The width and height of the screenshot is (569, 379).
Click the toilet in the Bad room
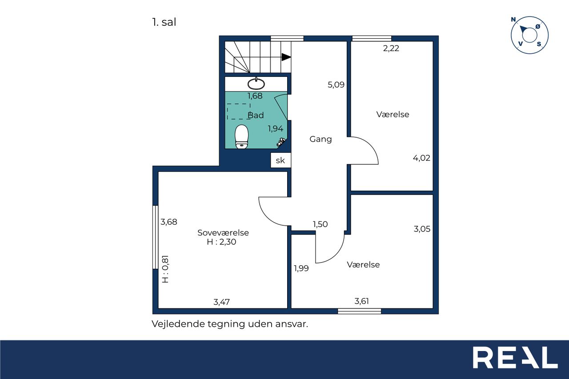(x=241, y=136)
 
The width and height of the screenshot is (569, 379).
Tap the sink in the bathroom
(x=256, y=84)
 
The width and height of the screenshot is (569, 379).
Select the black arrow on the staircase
(x=286, y=57)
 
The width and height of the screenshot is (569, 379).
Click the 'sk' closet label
(x=280, y=160)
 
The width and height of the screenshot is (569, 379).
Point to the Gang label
(x=321, y=139)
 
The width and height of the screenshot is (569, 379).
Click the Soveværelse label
(x=223, y=232)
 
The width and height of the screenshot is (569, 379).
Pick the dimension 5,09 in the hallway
(x=336, y=85)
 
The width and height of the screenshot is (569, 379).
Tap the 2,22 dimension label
(x=391, y=48)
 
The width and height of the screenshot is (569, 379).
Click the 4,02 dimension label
(x=421, y=158)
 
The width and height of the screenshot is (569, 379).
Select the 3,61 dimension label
(x=361, y=301)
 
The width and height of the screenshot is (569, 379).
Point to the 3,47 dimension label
(x=221, y=302)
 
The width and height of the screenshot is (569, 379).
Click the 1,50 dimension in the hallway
(x=320, y=224)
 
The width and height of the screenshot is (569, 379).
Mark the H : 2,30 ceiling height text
(x=221, y=242)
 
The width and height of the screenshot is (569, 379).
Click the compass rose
(x=529, y=35)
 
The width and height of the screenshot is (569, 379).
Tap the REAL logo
(x=515, y=357)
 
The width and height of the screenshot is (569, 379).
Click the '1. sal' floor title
(x=164, y=22)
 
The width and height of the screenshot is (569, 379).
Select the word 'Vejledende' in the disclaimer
(x=178, y=324)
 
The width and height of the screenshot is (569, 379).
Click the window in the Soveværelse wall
(x=155, y=237)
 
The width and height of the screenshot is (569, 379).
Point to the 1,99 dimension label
(x=301, y=268)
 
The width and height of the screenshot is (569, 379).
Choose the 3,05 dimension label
(x=422, y=229)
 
